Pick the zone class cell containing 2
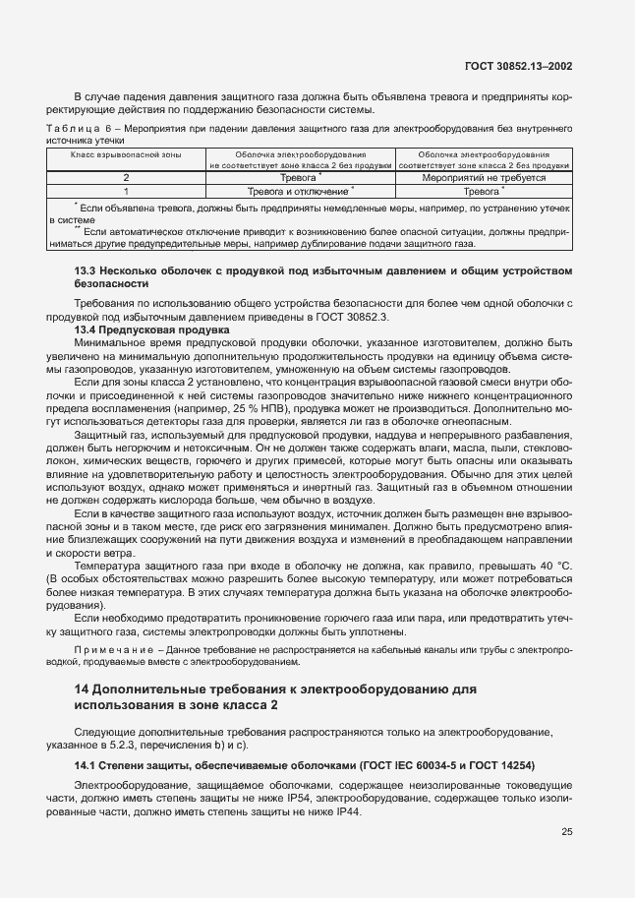pyautogui.click(x=126, y=178)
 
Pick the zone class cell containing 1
pyautogui.click(x=126, y=192)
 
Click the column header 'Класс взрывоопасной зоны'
pyautogui.click(x=126, y=154)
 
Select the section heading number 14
pyautogui.click(x=83, y=690)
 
